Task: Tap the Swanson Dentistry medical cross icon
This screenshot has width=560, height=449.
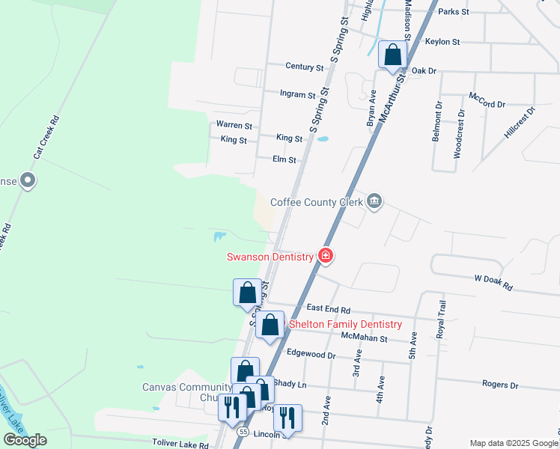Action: coord(326,257)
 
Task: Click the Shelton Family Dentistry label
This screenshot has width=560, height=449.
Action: coord(345,324)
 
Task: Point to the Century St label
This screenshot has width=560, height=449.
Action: coord(304,67)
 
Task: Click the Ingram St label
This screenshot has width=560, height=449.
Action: coord(297,95)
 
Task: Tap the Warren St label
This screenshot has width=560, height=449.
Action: coord(234,125)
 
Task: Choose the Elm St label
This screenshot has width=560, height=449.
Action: coord(284,159)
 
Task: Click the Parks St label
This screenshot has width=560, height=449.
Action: coord(453,12)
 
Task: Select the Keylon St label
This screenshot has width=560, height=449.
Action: coord(442,42)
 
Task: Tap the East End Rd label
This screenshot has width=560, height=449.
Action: coord(328,309)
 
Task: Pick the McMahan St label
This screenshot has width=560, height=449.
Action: coord(363,338)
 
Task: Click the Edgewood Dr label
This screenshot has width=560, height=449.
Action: coord(310,355)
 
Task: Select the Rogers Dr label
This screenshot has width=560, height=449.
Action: coord(500,385)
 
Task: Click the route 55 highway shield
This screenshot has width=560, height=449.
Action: coord(243,433)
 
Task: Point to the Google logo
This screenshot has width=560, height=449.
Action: coord(25,440)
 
